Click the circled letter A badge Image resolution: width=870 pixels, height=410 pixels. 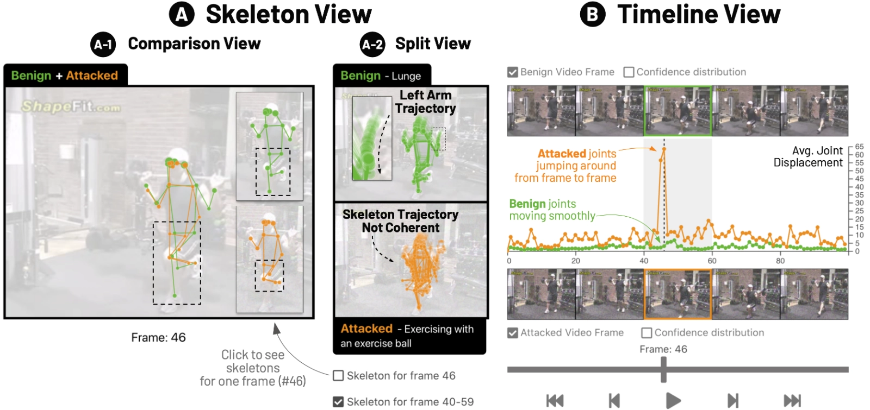click(182, 15)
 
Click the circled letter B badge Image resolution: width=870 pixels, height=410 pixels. click(592, 15)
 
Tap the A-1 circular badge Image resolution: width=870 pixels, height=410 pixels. click(103, 44)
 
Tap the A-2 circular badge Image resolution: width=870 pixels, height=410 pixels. click(372, 44)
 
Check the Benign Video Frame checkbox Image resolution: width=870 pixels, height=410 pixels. click(512, 72)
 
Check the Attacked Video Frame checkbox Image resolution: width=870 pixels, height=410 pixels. click(512, 333)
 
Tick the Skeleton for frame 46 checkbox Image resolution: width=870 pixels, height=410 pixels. click(338, 376)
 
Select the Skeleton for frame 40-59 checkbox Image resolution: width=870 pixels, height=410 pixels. click(338, 402)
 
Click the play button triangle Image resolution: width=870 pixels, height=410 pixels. click(673, 401)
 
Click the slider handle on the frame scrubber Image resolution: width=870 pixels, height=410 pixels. click(663, 370)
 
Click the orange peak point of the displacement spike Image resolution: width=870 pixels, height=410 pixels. click(664, 149)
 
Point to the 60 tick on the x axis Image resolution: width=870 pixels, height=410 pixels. click(712, 261)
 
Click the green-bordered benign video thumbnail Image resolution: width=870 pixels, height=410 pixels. click(678, 111)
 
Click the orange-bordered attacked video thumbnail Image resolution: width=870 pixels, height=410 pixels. click(678, 294)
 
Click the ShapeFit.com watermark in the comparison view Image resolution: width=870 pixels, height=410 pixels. click(71, 106)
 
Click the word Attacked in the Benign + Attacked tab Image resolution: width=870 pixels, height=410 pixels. click(92, 75)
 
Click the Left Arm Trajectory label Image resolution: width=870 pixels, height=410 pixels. click(425, 102)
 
